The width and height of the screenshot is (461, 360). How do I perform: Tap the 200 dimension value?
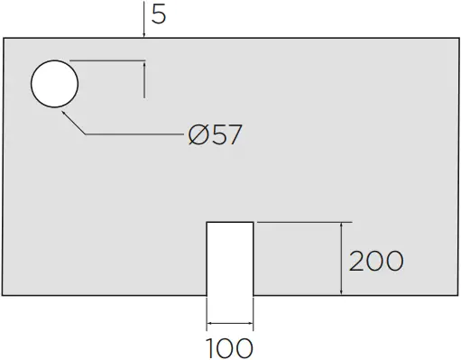coord(375,261)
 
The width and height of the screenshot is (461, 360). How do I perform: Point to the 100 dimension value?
coord(230,346)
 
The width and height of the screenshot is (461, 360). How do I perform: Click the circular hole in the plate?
coord(55,84)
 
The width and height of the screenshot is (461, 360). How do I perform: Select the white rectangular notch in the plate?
coord(230,259)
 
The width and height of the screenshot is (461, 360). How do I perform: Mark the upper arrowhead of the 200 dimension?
coord(340,226)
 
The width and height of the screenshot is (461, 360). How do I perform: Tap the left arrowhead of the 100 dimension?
coord(211,325)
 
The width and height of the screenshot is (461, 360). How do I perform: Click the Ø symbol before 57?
coord(199,135)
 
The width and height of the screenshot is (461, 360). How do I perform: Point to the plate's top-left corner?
coord(4,39)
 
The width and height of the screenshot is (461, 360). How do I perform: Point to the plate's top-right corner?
coord(457,39)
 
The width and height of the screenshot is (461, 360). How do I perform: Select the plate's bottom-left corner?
coord(4,295)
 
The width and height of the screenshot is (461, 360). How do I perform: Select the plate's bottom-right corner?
coord(457,295)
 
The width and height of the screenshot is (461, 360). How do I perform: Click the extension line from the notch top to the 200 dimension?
coord(302,221)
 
